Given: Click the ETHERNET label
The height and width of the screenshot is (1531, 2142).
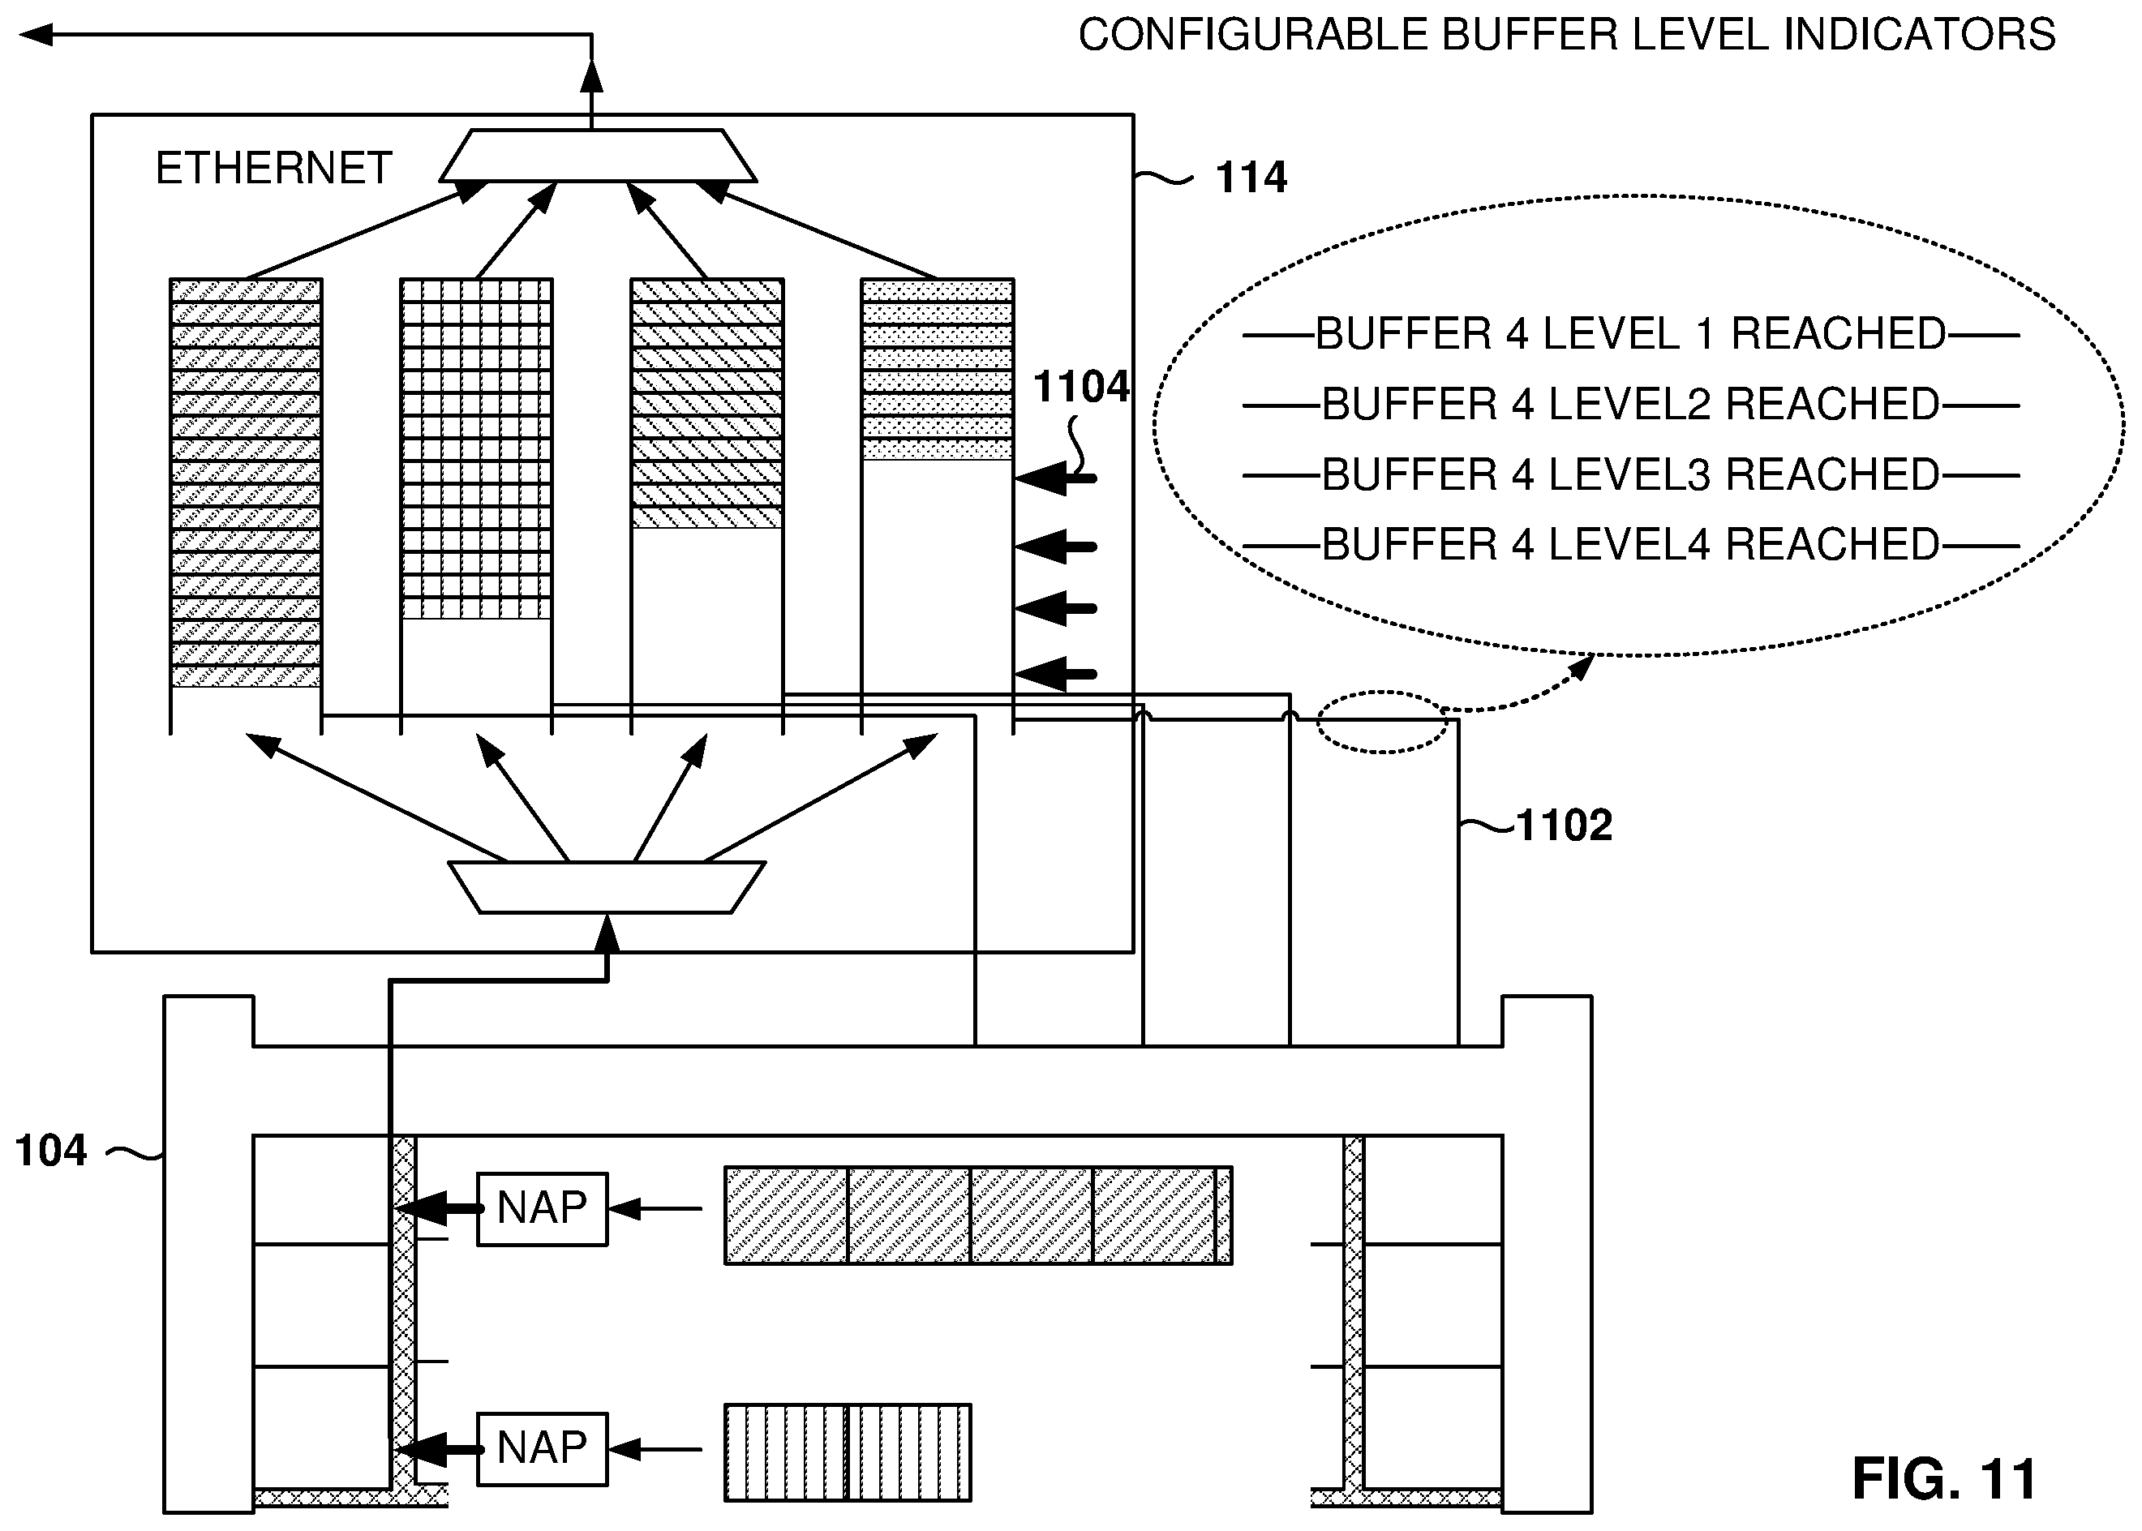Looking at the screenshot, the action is pyautogui.click(x=273, y=169).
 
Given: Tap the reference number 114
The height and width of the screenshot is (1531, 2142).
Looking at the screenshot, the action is pyautogui.click(x=1251, y=178).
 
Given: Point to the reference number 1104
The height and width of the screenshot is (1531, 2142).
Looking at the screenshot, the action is pyautogui.click(x=1080, y=387).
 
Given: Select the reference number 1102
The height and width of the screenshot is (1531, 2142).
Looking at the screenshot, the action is pyautogui.click(x=1564, y=826).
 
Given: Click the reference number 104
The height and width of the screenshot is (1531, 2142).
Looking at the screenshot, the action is pyautogui.click(x=51, y=1151).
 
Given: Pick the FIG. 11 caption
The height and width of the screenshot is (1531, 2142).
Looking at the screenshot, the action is pyautogui.click(x=1944, y=1478).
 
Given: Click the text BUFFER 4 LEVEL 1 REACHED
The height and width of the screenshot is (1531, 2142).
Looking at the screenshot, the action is pyautogui.click(x=1630, y=334).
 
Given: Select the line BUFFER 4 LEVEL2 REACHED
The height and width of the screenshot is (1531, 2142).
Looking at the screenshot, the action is pyautogui.click(x=1630, y=405).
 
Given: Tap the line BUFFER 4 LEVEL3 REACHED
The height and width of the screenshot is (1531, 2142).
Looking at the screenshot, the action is pyautogui.click(x=1630, y=475).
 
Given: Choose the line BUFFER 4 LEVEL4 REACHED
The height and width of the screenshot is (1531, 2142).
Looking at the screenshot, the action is pyautogui.click(x=1630, y=545).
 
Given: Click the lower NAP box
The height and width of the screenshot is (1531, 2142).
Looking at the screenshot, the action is pyautogui.click(x=542, y=1449).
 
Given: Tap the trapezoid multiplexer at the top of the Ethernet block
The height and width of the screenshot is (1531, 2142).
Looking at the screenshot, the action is pyautogui.click(x=598, y=155).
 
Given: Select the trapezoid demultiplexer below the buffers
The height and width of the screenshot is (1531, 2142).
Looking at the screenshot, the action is pyautogui.click(x=606, y=887).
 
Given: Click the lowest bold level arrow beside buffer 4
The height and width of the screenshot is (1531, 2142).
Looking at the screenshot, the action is pyautogui.click(x=1056, y=674).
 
